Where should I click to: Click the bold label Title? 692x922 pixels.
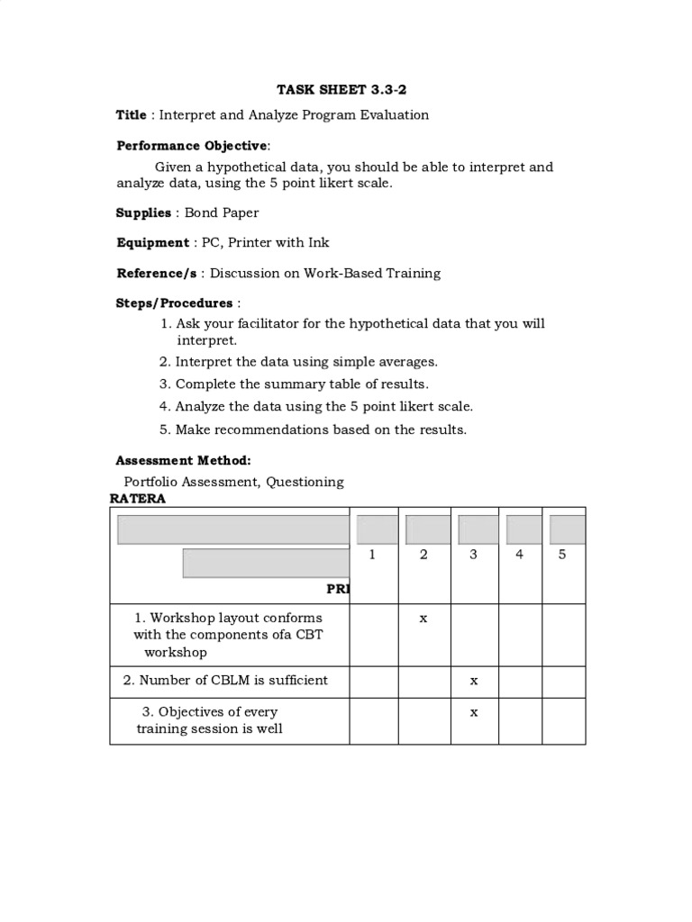point(131,115)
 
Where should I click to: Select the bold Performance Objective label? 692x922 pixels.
point(192,146)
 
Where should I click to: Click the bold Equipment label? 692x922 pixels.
point(152,243)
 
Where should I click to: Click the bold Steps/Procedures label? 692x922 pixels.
point(174,303)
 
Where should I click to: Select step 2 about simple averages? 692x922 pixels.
point(298,362)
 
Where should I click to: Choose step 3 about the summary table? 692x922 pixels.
point(294,384)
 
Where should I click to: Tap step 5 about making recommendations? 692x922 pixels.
point(313,430)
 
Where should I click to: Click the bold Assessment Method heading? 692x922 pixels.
point(184,461)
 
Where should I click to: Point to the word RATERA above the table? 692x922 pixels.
point(137,500)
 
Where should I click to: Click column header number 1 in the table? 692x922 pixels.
point(372,555)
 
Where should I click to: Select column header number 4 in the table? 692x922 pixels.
point(519,555)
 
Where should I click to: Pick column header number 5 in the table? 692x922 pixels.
point(562,555)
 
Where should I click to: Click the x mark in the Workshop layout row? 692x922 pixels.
point(423,619)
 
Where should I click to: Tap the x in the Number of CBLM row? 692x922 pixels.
point(473,682)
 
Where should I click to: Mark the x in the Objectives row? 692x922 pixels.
point(473,712)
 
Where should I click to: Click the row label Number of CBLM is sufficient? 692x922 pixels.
point(225,681)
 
